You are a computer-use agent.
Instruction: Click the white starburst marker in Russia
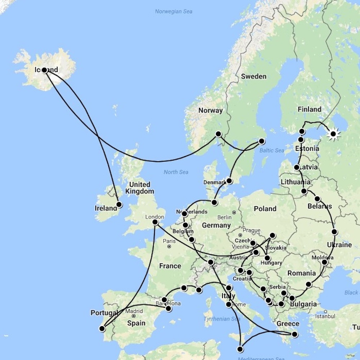point(333,134)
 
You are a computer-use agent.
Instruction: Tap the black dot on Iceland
point(44,70)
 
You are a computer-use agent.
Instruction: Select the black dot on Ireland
point(119,204)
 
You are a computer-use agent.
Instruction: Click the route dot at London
point(155,222)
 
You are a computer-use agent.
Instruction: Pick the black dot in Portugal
point(102,328)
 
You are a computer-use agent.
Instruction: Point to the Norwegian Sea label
point(174,12)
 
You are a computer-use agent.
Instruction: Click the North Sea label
point(176,172)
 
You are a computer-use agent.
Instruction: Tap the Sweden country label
point(253,76)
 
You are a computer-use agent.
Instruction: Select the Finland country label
point(309,109)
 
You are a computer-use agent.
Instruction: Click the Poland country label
point(265,209)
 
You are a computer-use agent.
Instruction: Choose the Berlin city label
point(224,217)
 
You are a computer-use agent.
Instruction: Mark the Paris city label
point(169,241)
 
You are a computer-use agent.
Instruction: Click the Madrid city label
point(134,311)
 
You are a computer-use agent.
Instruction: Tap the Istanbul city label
point(325,316)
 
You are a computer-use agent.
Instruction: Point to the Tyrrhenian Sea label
point(222,319)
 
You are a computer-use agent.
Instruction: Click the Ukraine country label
point(339,245)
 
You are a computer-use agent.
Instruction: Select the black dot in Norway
point(218,134)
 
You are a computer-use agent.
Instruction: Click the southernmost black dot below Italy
point(240,349)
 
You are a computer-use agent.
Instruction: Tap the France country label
point(170,266)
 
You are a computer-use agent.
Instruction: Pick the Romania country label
point(301,273)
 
